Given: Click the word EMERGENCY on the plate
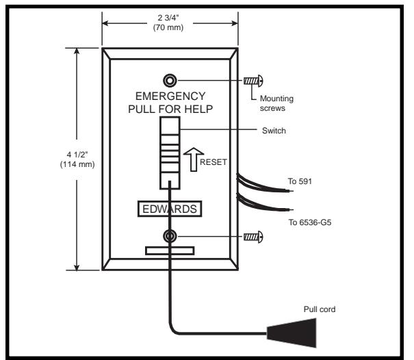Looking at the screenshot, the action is (170, 96).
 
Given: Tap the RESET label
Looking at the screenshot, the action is (214, 162).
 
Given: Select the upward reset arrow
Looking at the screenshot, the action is (194, 159).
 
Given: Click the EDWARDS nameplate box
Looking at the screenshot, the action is (170, 209).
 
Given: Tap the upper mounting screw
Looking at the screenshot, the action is (253, 81).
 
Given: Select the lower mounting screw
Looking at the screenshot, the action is (253, 237).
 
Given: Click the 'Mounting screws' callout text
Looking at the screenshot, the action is (276, 103).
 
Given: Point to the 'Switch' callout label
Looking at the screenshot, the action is (274, 131).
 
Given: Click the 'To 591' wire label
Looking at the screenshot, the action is (300, 181).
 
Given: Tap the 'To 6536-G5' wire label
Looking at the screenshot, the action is (310, 222).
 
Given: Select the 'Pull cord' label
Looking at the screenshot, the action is (320, 309).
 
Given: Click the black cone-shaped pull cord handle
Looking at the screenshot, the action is (292, 333).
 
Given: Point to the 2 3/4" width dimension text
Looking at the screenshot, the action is (168, 18).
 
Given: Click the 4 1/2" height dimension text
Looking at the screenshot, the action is (77, 155).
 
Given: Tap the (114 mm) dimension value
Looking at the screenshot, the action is (77, 164).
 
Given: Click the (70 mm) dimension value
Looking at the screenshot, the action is (168, 27).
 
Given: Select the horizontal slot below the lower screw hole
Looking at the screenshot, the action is (170, 251).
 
